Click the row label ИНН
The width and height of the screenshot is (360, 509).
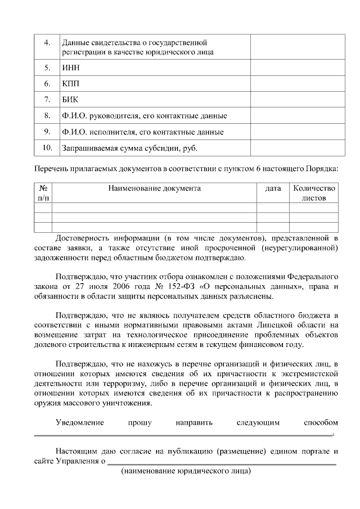pos(70,67)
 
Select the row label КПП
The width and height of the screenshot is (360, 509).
pos(71,84)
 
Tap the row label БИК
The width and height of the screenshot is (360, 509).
pos(70,100)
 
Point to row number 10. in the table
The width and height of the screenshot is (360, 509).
pos(47,148)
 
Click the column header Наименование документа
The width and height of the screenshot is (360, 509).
pos(154,188)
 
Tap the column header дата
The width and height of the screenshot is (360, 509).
pos(273,188)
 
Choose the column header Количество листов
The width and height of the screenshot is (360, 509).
pos(314,193)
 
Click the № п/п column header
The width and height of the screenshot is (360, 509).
pos(43,193)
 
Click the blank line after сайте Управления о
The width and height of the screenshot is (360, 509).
pos(222,463)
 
